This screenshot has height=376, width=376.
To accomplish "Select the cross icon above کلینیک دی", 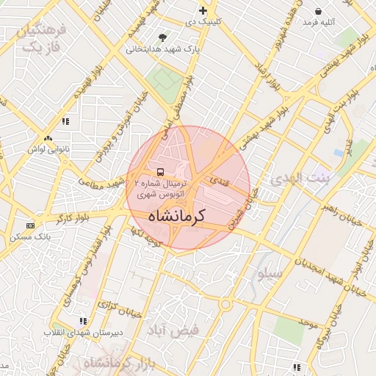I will point(203,11).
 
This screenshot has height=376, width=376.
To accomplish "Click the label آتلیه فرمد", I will point(317,22).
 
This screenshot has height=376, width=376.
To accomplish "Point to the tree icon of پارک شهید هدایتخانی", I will point(162,37).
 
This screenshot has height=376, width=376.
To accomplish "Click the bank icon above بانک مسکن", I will point(30,225).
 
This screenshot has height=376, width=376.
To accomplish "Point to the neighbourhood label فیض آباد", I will point(174,330).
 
